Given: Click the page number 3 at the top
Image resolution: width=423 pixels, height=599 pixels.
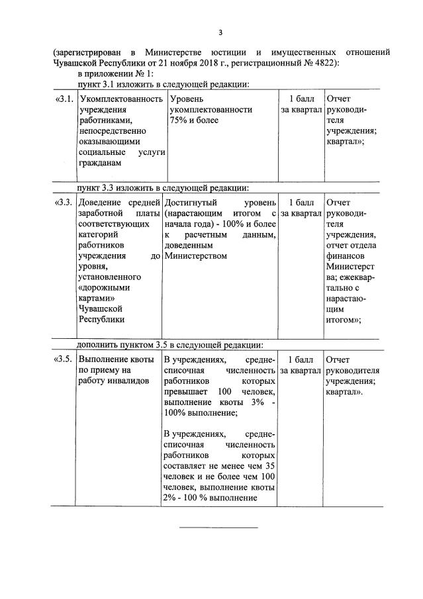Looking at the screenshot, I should [220, 32].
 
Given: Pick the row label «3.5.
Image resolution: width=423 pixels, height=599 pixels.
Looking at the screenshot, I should [63, 359].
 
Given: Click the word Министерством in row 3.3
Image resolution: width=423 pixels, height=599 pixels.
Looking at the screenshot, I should [196, 255].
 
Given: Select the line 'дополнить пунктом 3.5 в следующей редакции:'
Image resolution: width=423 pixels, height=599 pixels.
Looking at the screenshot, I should [170, 344].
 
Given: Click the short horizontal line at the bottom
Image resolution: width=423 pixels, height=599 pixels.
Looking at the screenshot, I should [219, 528].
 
